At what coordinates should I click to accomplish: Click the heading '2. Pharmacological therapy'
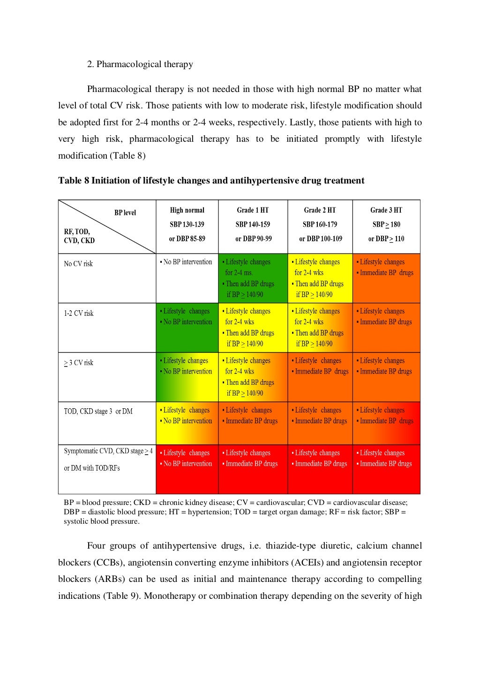(x=140, y=64)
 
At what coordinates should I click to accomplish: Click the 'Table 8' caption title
(x=211, y=181)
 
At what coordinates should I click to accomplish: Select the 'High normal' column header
(x=187, y=210)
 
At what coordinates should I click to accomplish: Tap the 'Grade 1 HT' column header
(x=253, y=210)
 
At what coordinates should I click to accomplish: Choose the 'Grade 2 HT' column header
(x=320, y=210)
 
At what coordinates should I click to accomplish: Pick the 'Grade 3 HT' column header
(x=386, y=210)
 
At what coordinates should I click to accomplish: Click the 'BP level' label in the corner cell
(x=125, y=213)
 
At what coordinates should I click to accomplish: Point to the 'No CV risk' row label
(x=78, y=264)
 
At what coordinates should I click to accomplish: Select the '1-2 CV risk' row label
(x=79, y=313)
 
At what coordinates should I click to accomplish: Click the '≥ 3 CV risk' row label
(x=79, y=363)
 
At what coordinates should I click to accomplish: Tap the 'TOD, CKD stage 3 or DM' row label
(x=98, y=412)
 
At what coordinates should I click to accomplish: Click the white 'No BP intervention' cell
(x=187, y=278)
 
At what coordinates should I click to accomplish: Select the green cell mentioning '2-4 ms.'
(x=253, y=278)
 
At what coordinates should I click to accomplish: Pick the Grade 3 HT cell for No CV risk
(x=386, y=278)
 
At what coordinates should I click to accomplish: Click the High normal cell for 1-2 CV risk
(x=187, y=328)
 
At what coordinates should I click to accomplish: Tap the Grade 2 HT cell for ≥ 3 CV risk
(x=320, y=377)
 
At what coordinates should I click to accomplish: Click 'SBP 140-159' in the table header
(x=253, y=224)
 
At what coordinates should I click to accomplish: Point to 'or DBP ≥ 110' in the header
(x=386, y=239)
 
